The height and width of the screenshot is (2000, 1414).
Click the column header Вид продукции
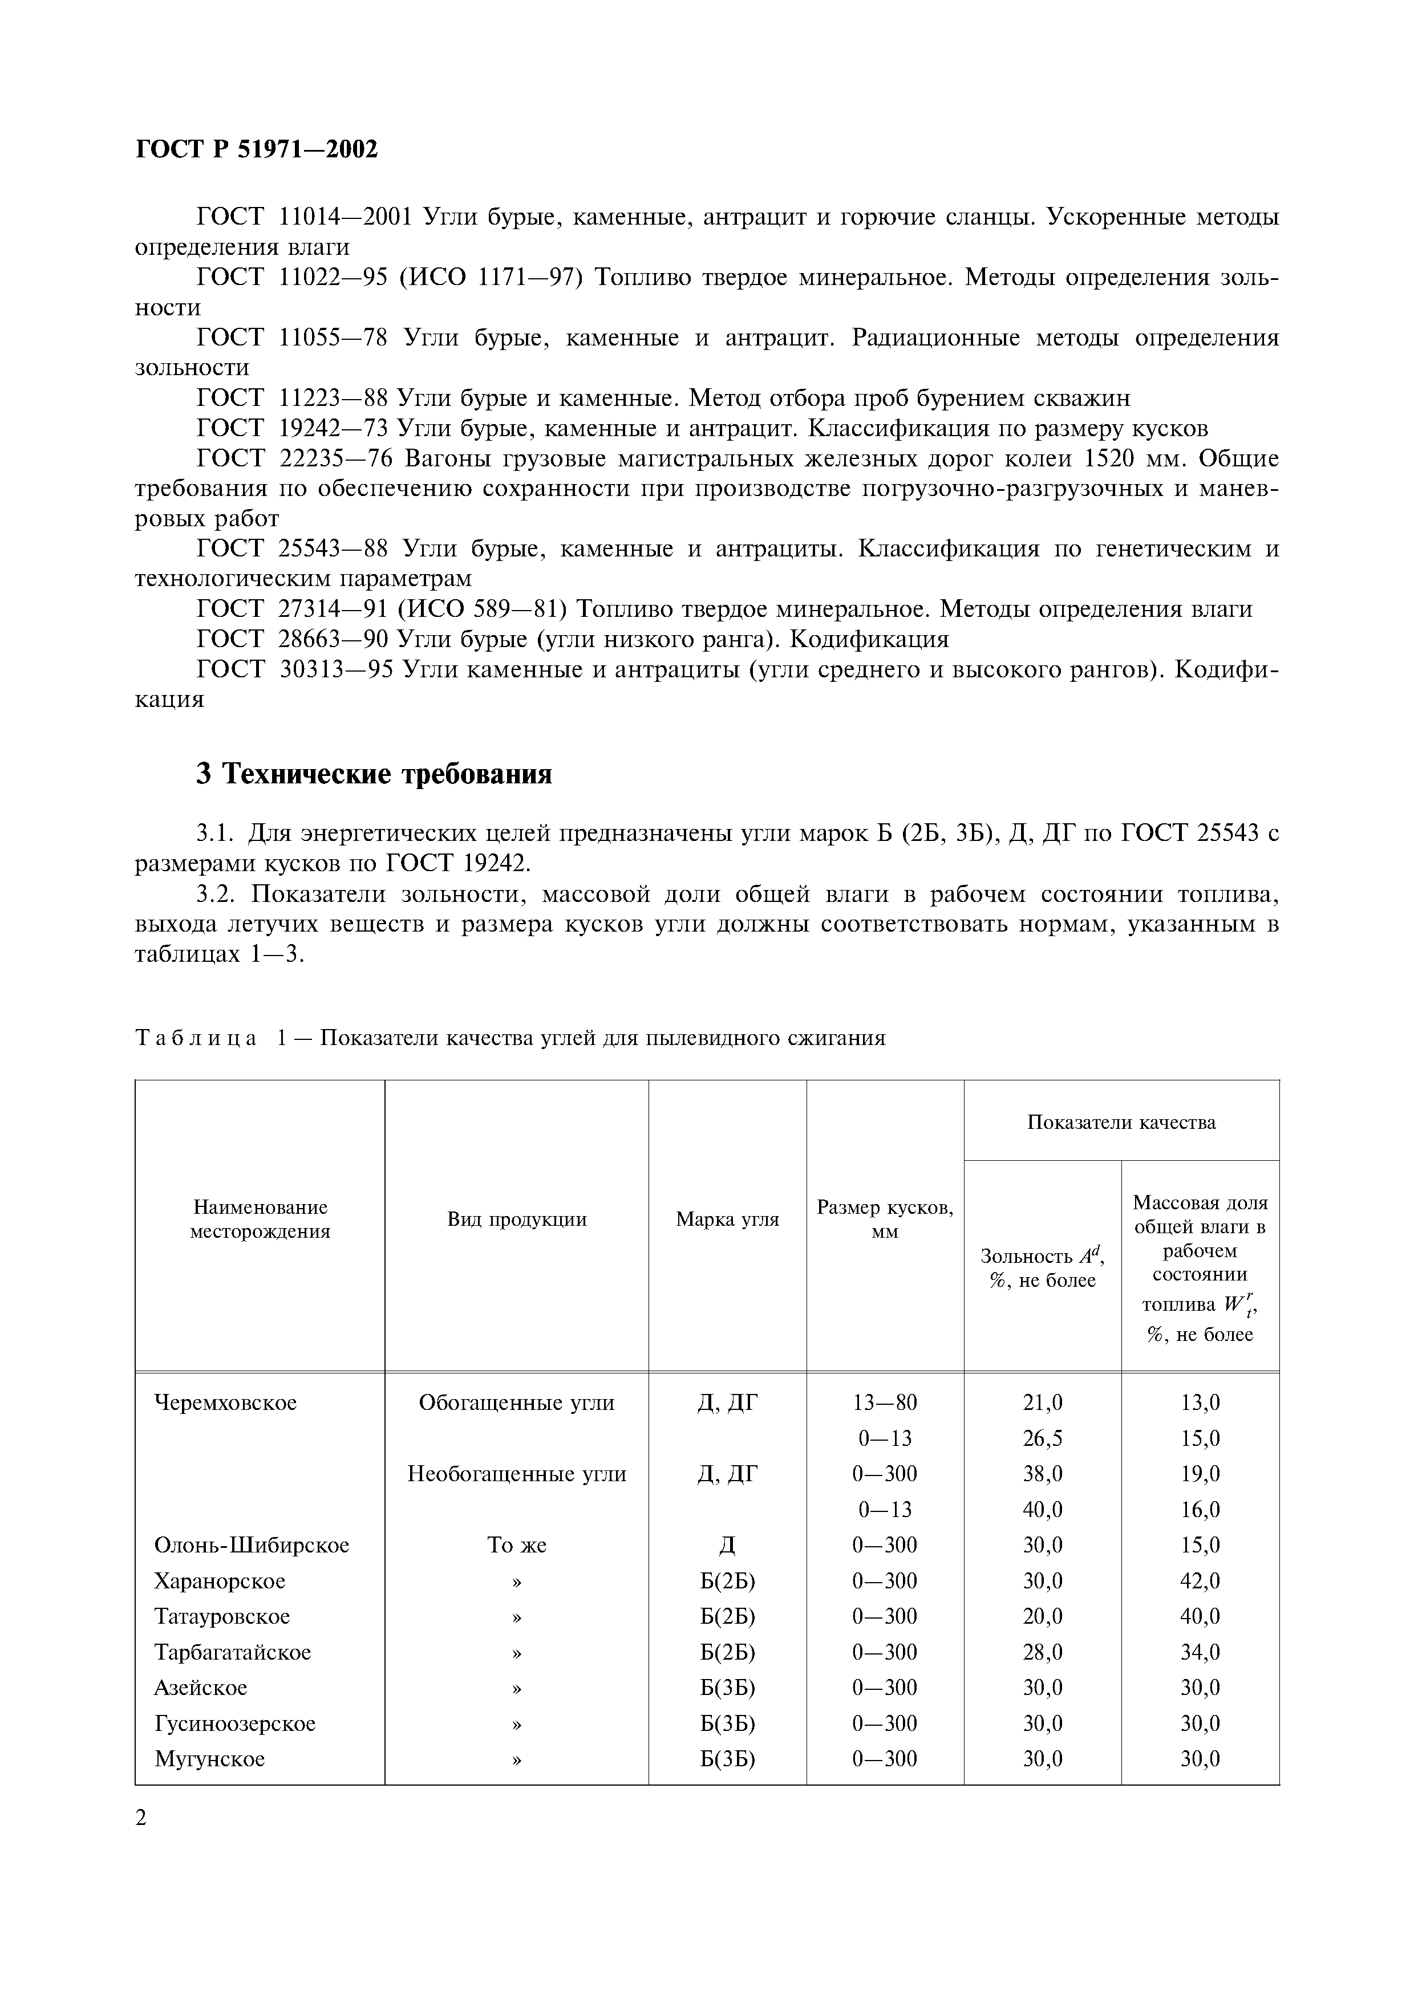pyautogui.click(x=517, y=1219)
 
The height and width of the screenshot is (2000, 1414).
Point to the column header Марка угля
pyautogui.click(x=727, y=1219)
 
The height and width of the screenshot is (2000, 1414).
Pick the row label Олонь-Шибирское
pyautogui.click(x=251, y=1545)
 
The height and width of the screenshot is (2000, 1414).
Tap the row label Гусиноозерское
pyautogui.click(x=234, y=1723)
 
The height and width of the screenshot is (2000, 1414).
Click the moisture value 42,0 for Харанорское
pyautogui.click(x=1200, y=1581)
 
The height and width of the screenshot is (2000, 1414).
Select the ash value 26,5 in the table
pyautogui.click(x=1042, y=1438)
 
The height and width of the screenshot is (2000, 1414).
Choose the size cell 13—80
pyautogui.click(x=884, y=1403)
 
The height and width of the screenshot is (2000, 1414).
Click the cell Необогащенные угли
pyautogui.click(x=517, y=1474)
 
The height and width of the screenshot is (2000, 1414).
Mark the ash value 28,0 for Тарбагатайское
pyautogui.click(x=1042, y=1652)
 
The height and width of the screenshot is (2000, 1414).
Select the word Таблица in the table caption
pyautogui.click(x=196, y=1038)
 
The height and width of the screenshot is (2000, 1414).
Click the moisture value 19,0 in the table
pyautogui.click(x=1200, y=1474)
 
